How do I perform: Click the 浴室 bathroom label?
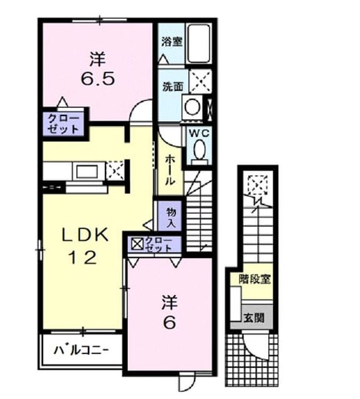(x=172, y=42)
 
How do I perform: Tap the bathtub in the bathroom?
(x=199, y=43)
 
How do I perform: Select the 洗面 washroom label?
(x=173, y=87)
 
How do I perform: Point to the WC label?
(x=199, y=133)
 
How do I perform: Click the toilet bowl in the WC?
(x=200, y=152)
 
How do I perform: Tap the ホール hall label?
(x=170, y=170)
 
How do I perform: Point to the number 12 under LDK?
(x=83, y=257)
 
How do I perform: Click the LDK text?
(x=85, y=234)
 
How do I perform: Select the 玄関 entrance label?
(x=254, y=317)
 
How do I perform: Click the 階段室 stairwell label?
(x=255, y=279)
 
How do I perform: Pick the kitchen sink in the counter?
(x=87, y=171)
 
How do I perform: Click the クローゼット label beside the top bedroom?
(x=63, y=124)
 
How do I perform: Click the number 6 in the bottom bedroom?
(x=169, y=323)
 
